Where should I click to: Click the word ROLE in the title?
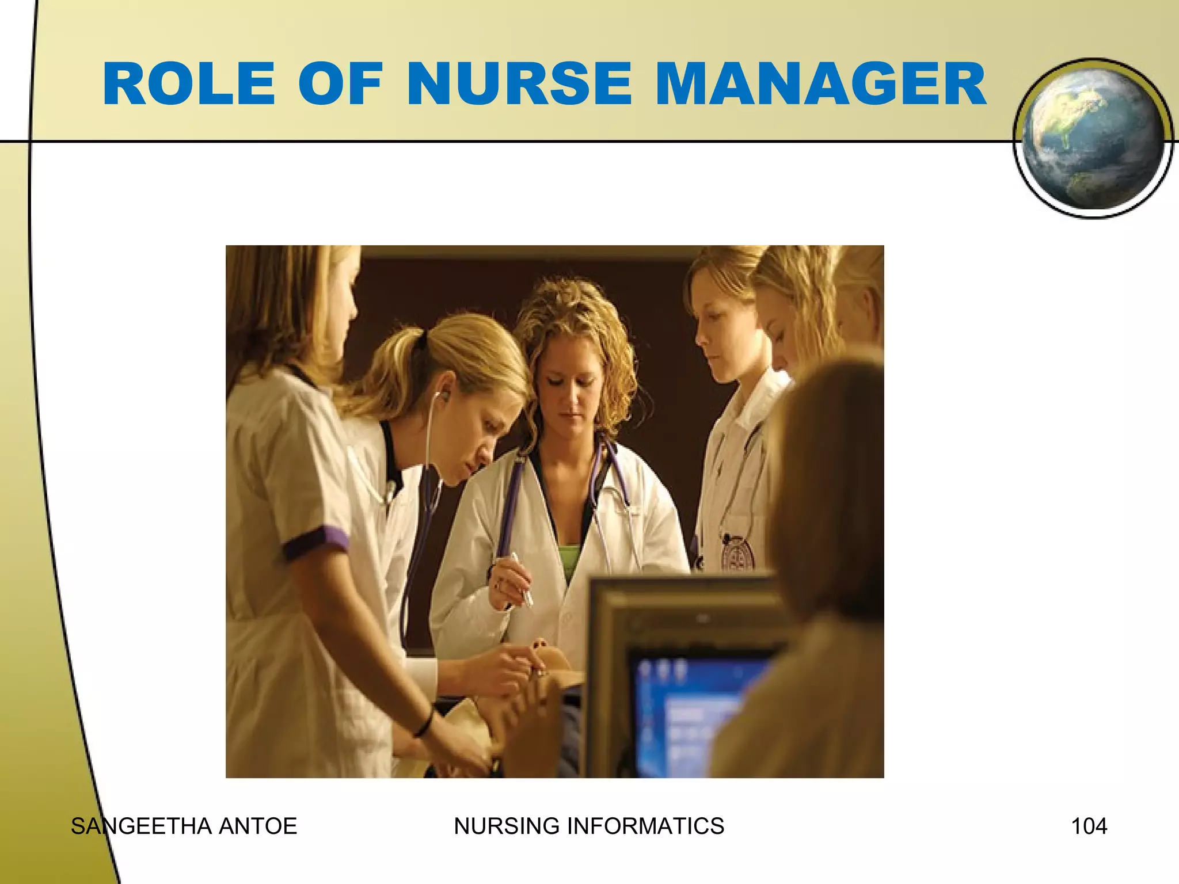[189, 85]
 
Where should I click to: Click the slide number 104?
[1089, 826]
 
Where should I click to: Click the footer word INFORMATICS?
[645, 826]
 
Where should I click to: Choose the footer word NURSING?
[507, 826]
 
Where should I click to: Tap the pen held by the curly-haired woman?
[522, 578]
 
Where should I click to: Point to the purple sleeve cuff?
[315, 542]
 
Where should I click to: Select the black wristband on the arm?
[424, 723]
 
